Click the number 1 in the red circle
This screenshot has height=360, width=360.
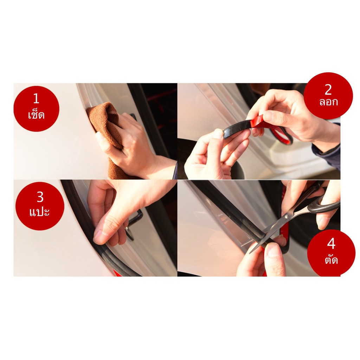click(x=36, y=98)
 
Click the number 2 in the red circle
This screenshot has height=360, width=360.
click(x=328, y=90)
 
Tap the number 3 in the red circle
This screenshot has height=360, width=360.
click(x=40, y=197)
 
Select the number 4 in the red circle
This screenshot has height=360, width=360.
click(x=331, y=244)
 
